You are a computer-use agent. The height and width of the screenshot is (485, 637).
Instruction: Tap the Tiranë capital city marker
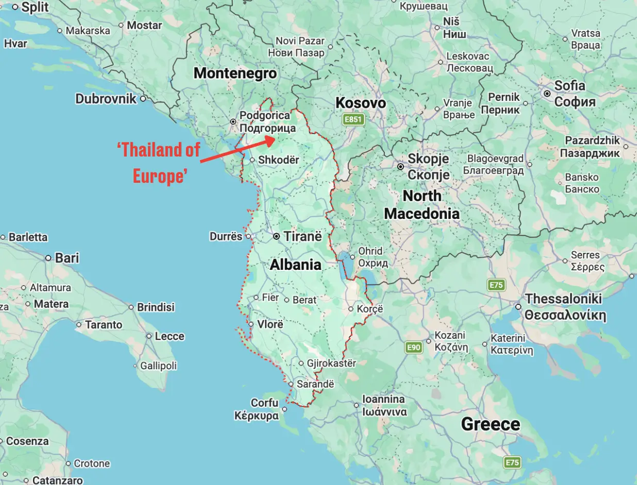(277, 236)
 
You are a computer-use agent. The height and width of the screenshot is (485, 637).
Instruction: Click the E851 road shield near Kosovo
(354, 120)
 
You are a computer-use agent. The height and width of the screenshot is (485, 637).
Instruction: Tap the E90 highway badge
(413, 348)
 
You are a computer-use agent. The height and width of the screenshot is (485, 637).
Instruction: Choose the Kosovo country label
(360, 103)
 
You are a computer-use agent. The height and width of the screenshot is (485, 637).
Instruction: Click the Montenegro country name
(235, 73)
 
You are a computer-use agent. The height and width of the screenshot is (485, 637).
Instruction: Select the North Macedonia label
(422, 204)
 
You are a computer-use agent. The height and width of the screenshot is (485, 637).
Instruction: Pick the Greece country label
(490, 424)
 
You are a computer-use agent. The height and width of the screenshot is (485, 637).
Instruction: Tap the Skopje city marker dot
(400, 167)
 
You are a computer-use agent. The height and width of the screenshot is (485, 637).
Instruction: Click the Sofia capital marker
(547, 94)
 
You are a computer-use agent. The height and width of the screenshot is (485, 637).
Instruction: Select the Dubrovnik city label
(106, 99)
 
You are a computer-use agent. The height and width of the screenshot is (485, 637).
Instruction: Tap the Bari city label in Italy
(66, 258)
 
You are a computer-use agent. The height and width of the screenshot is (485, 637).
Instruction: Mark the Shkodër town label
(278, 160)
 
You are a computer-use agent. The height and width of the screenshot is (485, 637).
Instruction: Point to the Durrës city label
(226, 237)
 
